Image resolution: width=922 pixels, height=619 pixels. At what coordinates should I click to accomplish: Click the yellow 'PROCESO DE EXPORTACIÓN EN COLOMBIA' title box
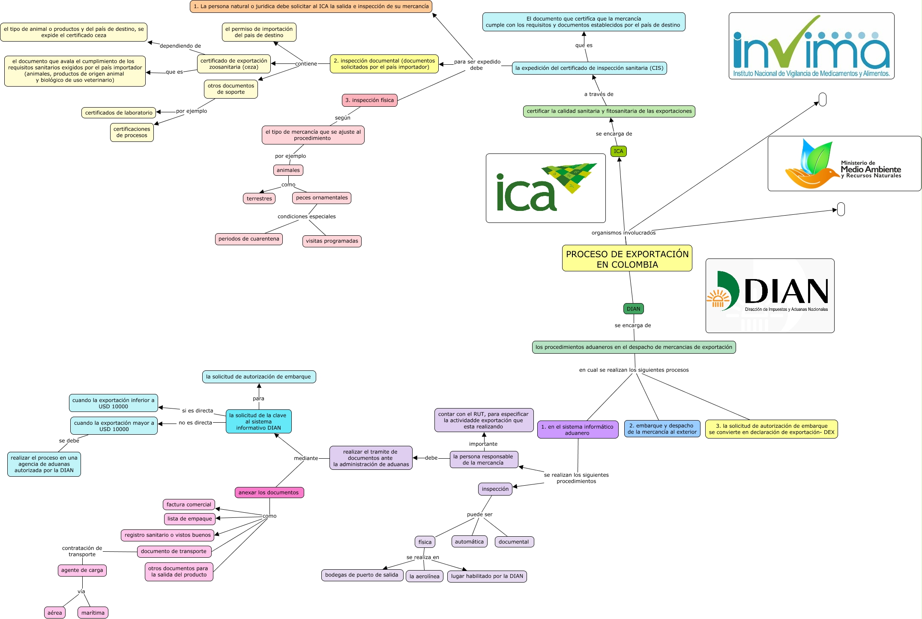pyautogui.click(x=627, y=258)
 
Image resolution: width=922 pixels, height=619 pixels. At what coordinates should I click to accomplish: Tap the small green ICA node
pyautogui.click(x=618, y=151)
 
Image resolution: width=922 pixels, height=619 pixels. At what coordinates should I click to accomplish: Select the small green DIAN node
pyautogui.click(x=633, y=309)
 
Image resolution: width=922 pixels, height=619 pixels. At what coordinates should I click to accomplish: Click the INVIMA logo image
pyautogui.click(x=811, y=46)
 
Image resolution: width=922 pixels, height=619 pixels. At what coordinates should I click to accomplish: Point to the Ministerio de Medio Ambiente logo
pyautogui.click(x=844, y=164)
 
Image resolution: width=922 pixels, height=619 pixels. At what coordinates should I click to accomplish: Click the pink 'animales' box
pyautogui.click(x=288, y=170)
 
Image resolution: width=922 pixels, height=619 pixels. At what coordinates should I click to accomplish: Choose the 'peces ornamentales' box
pyautogui.click(x=322, y=198)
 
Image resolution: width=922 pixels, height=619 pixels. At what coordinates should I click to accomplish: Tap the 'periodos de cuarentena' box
pyautogui.click(x=248, y=239)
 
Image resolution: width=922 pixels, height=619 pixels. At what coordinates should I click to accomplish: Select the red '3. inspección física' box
pyautogui.click(x=369, y=100)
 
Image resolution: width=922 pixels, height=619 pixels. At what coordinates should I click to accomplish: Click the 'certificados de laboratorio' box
pyautogui.click(x=119, y=113)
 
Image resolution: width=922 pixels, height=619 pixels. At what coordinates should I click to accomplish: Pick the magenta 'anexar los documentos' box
pyautogui.click(x=269, y=493)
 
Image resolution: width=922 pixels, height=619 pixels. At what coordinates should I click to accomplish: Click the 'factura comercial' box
pyautogui.click(x=189, y=505)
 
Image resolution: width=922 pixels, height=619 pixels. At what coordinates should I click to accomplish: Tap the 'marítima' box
pyautogui.click(x=93, y=613)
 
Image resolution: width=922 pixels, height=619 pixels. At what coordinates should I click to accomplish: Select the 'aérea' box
pyautogui.click(x=55, y=613)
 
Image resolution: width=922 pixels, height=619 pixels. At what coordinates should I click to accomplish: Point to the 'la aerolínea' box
pyautogui.click(x=424, y=576)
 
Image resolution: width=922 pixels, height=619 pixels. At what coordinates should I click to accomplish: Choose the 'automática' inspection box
pyautogui.click(x=469, y=542)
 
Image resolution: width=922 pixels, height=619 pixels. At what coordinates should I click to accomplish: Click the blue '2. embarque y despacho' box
pyautogui.click(x=662, y=429)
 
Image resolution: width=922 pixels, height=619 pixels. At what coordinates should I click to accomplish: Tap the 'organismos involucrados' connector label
pyautogui.click(x=623, y=233)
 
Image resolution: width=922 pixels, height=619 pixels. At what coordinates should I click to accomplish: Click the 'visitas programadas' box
pyautogui.click(x=332, y=241)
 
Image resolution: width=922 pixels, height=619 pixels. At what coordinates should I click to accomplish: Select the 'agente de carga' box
pyautogui.click(x=82, y=570)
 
